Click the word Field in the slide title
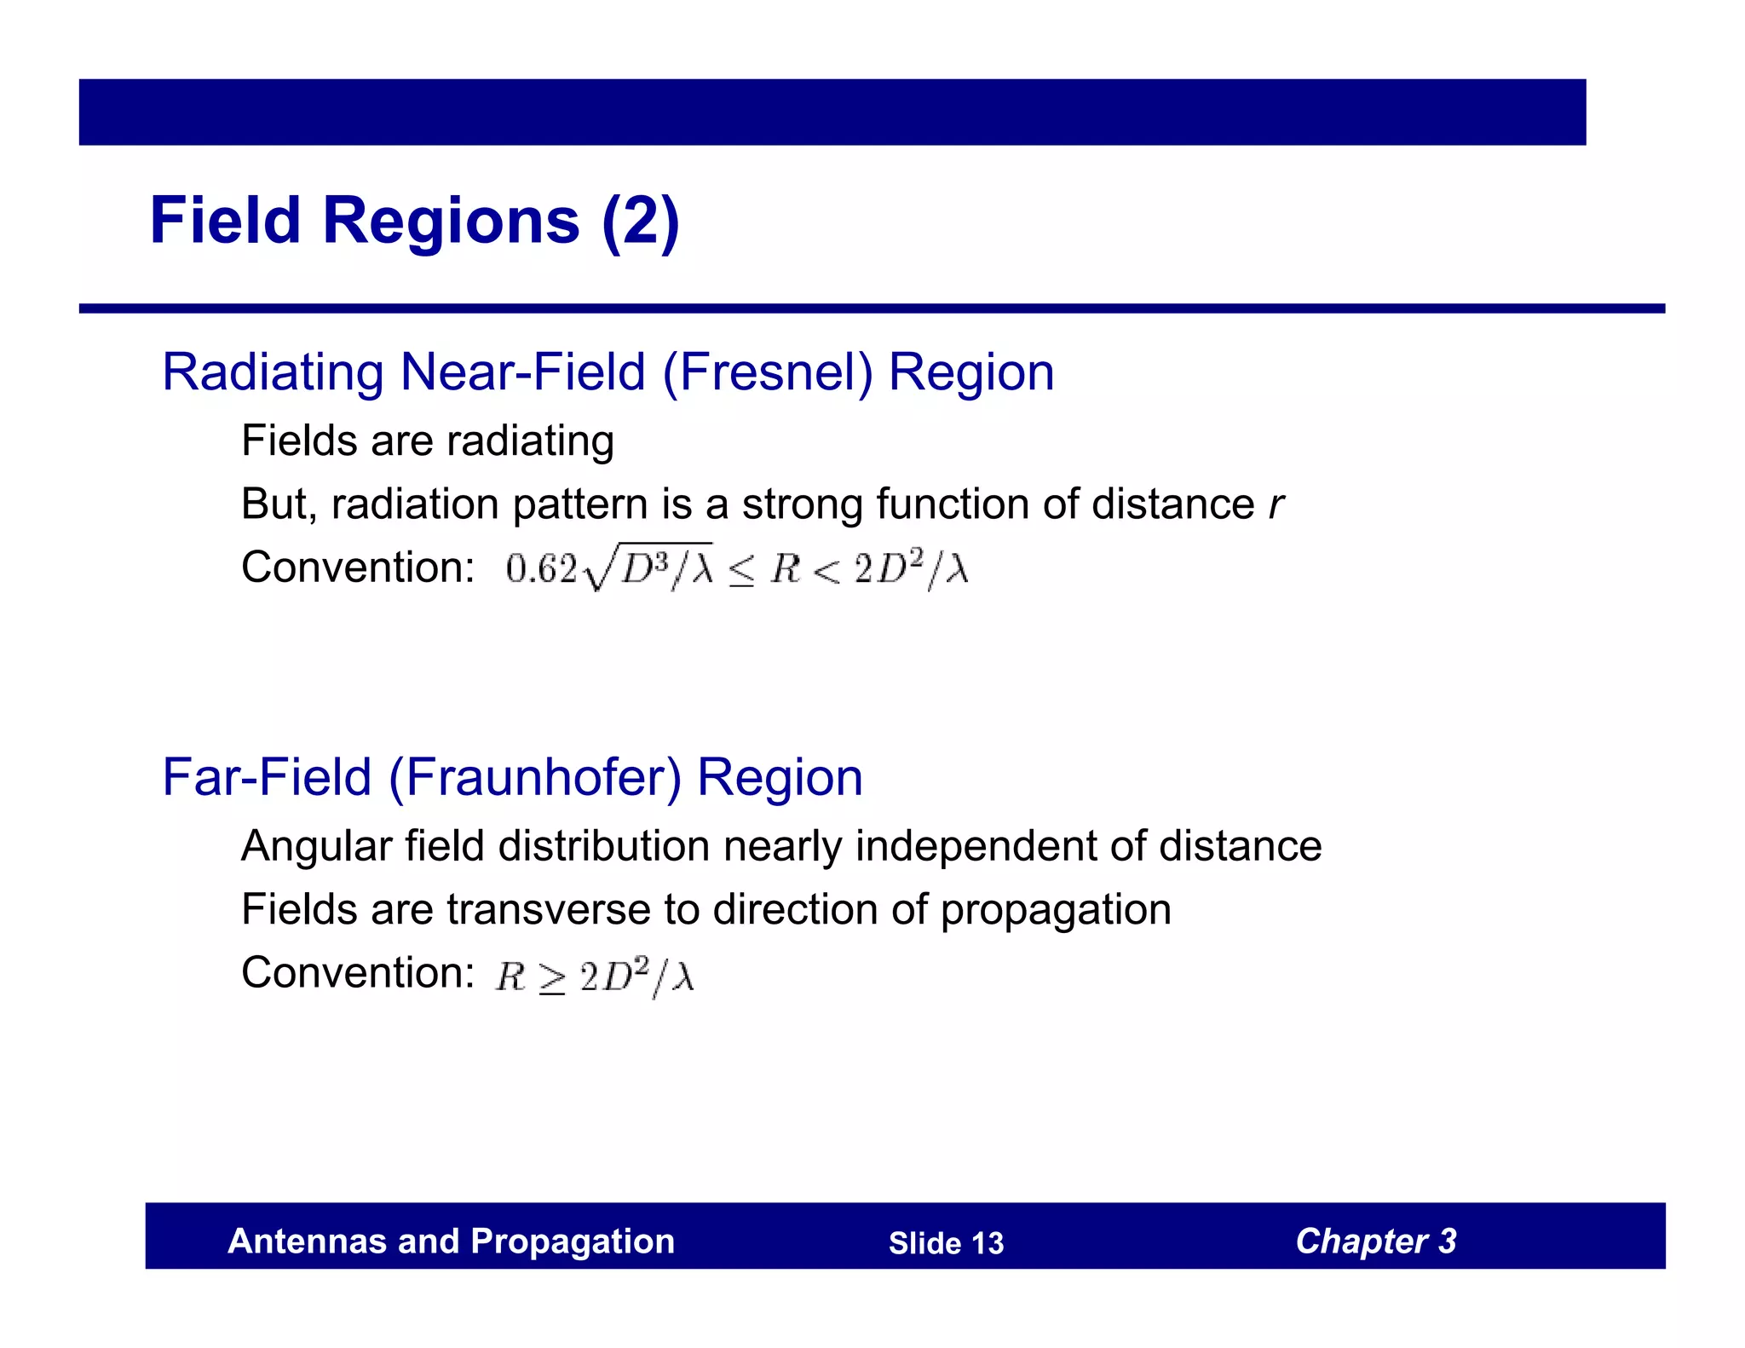[226, 221]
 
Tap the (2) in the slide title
[640, 221]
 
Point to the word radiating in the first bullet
[530, 441]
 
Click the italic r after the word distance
[1276, 504]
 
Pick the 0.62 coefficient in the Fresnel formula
[541, 569]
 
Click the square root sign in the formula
[599, 569]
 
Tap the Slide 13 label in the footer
[946, 1243]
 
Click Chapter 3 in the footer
[1375, 1241]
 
